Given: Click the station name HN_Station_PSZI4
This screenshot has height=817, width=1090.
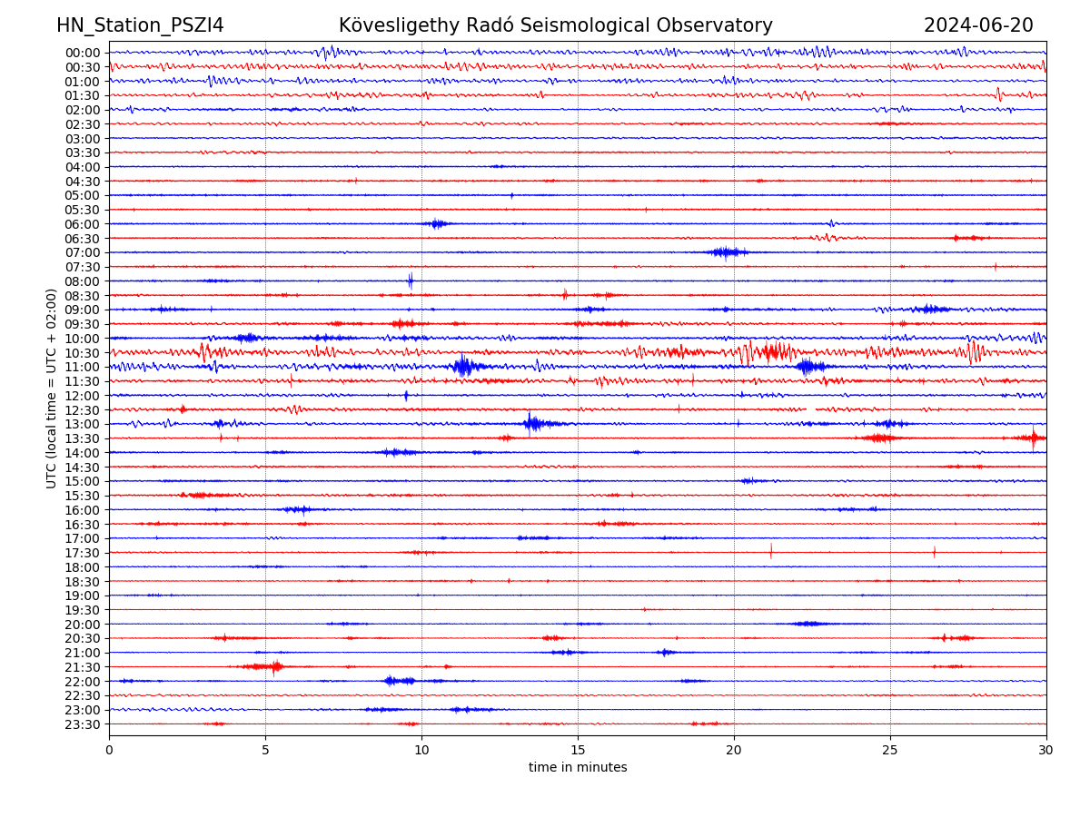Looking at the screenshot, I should [140, 25].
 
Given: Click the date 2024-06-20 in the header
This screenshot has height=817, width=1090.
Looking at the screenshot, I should [978, 25].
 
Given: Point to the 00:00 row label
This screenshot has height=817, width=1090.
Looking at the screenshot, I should [83, 53].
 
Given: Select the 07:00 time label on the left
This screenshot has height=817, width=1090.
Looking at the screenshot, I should [83, 252].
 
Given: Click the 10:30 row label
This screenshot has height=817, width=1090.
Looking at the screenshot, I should [83, 352].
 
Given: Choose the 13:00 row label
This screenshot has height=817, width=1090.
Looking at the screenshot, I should [83, 424].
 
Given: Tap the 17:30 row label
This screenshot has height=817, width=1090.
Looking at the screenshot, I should [83, 553].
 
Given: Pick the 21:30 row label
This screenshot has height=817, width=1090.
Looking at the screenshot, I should [83, 667].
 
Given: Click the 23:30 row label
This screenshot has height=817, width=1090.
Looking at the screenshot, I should [83, 724].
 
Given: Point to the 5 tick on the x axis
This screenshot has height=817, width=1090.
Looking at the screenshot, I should [265, 751].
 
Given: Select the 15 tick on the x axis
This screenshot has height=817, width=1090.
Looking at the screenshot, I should [578, 751].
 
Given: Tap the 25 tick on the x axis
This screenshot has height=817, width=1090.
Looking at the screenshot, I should [890, 751].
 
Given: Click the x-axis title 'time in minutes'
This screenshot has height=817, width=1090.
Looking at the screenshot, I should [578, 768].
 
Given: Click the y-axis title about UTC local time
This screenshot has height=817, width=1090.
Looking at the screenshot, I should [52, 389].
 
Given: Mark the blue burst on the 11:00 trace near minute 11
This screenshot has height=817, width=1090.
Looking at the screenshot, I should [464, 366].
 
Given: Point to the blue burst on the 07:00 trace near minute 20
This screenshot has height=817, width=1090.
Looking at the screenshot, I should [727, 252].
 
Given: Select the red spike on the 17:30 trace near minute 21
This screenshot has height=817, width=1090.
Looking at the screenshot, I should [771, 551].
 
